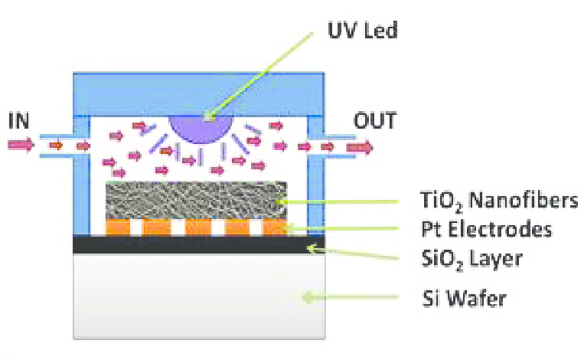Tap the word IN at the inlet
pyautogui.click(x=20, y=120)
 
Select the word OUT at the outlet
pyautogui.click(x=375, y=120)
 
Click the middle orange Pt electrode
pyautogui.click(x=197, y=228)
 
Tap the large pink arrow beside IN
pyautogui.click(x=21, y=144)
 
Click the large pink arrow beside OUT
pyautogui.click(x=360, y=146)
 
